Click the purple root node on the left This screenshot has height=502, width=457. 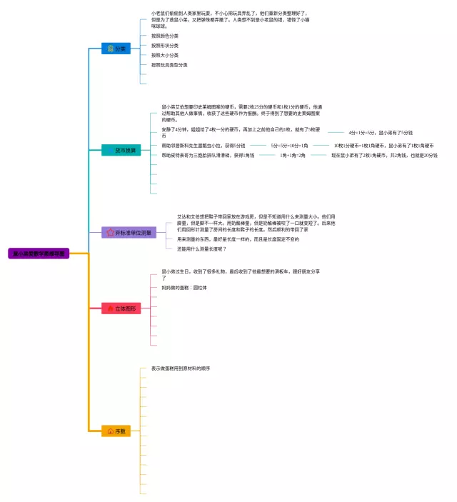point(38,253)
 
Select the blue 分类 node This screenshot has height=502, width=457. point(116,49)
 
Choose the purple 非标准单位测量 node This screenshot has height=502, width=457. point(129,233)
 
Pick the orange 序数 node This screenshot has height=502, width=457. point(116,431)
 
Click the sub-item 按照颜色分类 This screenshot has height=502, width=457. point(165,35)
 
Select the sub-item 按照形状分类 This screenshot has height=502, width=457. point(165,45)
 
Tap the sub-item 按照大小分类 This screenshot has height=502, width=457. point(165,55)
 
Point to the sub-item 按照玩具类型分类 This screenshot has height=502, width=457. point(169,65)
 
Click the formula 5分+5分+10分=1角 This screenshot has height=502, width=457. point(289,146)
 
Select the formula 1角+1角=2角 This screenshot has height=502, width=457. point(292,155)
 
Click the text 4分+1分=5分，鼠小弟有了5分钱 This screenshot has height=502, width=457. point(381,133)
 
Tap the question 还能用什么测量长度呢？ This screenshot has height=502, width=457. point(202,249)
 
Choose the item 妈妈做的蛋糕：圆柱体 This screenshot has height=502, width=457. point(184,288)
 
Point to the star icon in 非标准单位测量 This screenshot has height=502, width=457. point(109,233)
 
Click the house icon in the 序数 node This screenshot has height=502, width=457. point(110,431)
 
